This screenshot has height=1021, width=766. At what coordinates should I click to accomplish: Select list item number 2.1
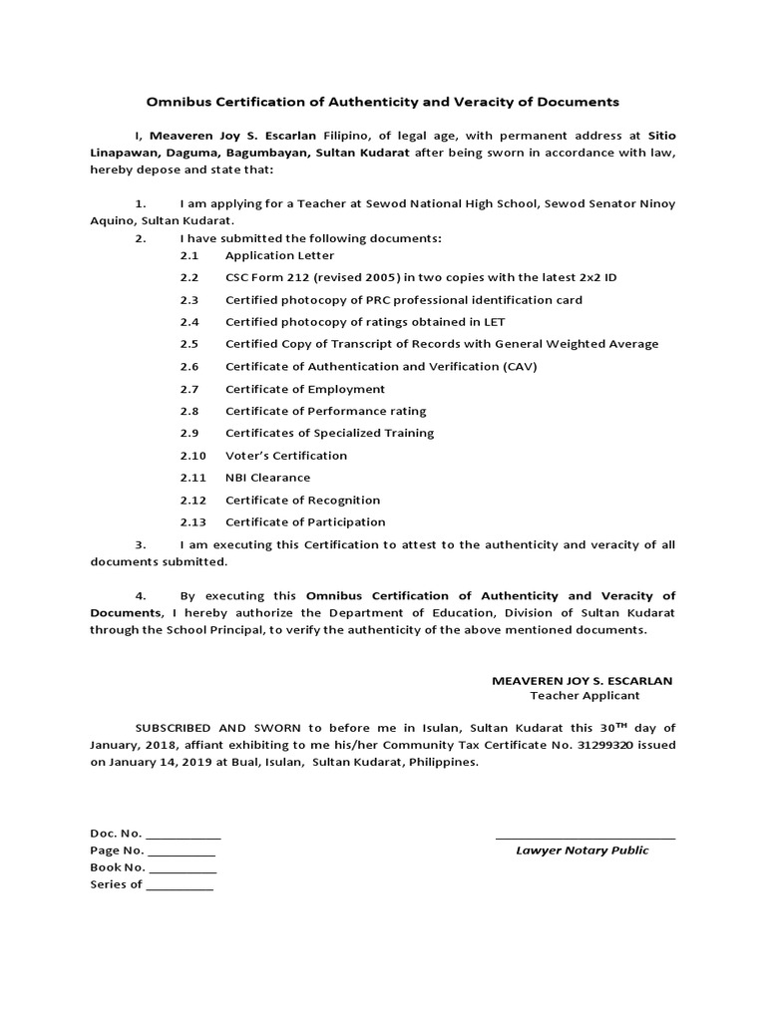pyautogui.click(x=190, y=255)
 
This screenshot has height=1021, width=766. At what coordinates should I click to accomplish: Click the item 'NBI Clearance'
pyautogui.click(x=267, y=478)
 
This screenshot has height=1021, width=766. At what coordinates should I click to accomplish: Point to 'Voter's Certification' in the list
pyautogui.click(x=286, y=456)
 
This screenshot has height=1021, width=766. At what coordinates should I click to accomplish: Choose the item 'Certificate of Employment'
pyautogui.click(x=304, y=389)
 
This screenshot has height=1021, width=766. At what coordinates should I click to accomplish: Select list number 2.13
pyautogui.click(x=192, y=522)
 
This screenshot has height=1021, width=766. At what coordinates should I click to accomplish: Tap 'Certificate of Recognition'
pyautogui.click(x=302, y=501)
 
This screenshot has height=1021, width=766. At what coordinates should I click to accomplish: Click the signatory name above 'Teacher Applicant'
pyautogui.click(x=582, y=680)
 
